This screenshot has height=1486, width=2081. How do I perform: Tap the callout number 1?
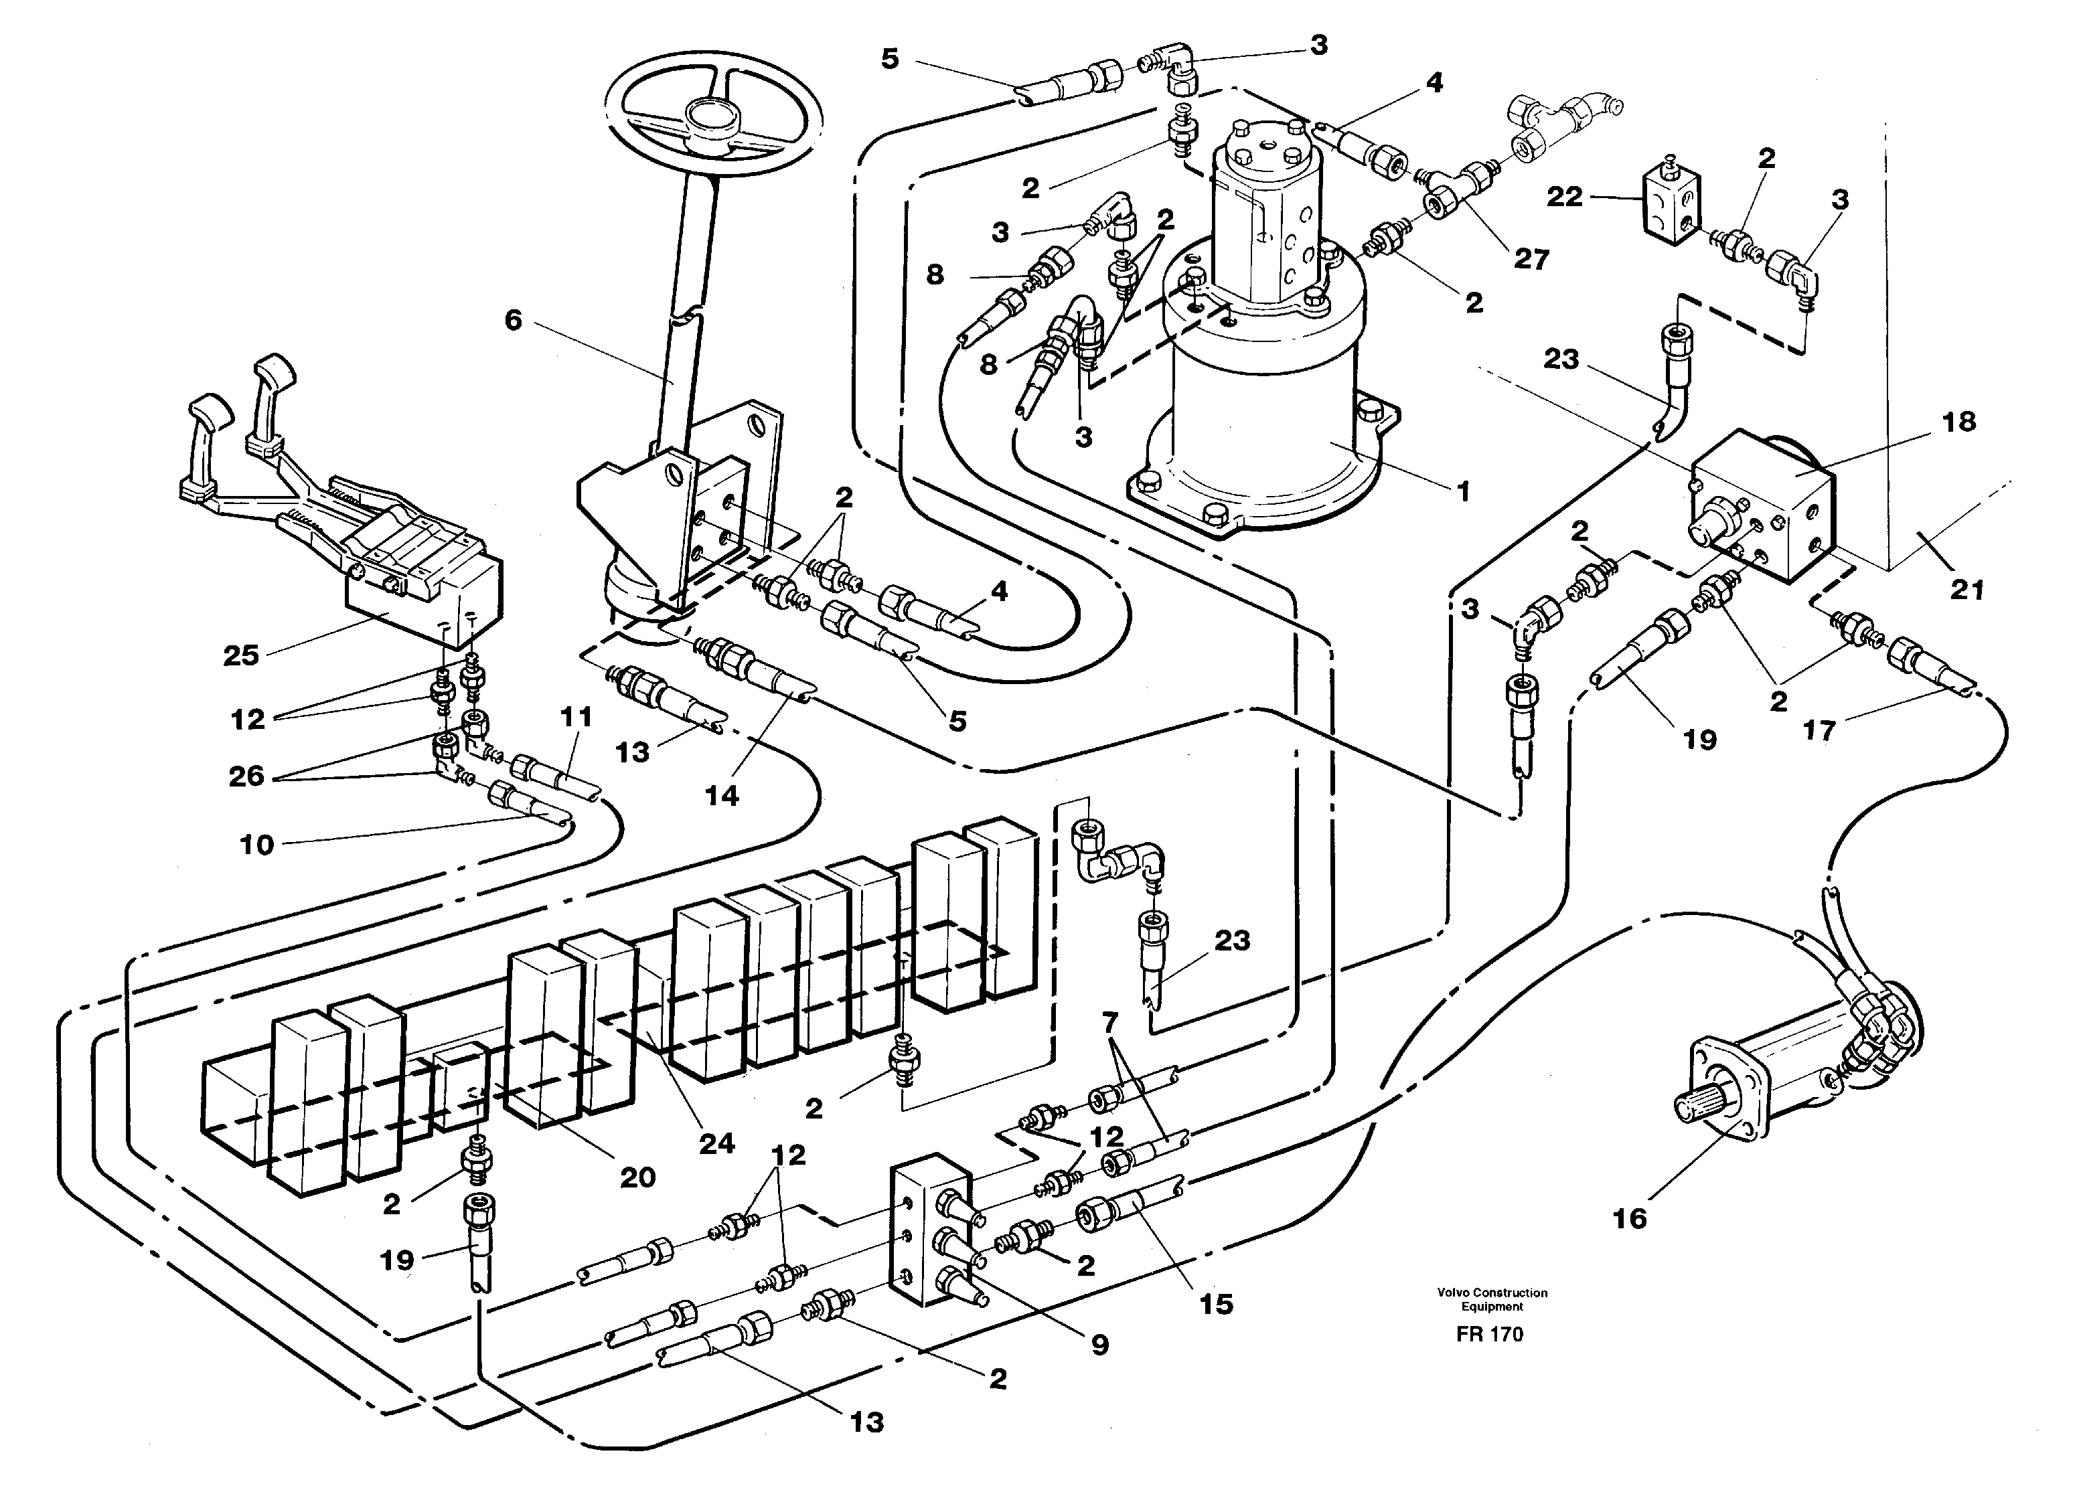(1462, 491)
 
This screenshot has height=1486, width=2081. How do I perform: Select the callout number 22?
(1564, 196)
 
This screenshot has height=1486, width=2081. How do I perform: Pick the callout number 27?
(1531, 259)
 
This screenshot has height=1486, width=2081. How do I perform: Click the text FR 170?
(1490, 1334)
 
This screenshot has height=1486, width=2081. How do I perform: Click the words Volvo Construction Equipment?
(1492, 1299)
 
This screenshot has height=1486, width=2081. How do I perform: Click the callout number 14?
(721, 795)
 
